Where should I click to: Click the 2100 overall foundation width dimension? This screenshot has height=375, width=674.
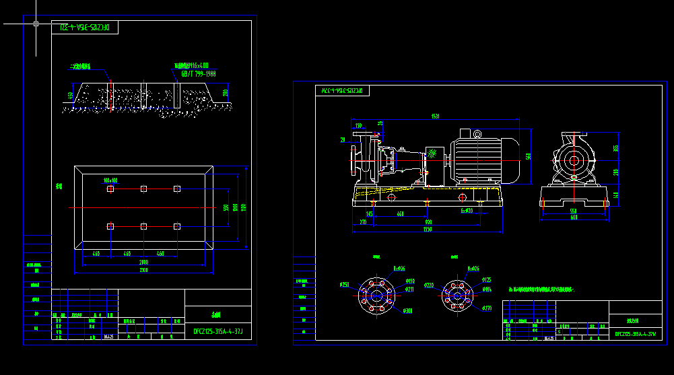pyautogui.click(x=143, y=270)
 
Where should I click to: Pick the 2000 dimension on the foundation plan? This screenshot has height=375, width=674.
pyautogui.click(x=143, y=261)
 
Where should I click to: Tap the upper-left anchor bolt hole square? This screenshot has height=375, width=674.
pyautogui.click(x=110, y=189)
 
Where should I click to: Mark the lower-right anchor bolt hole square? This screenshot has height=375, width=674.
pyautogui.click(x=177, y=226)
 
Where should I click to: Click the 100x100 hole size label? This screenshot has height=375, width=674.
pyautogui.click(x=110, y=180)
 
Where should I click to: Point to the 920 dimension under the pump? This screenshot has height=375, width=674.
pyautogui.click(x=428, y=221)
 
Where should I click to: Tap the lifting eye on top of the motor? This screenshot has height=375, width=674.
pyautogui.click(x=477, y=134)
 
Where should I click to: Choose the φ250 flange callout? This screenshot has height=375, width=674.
pyautogui.click(x=345, y=285)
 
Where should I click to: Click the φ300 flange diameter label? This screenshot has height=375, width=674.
pyautogui.click(x=407, y=310)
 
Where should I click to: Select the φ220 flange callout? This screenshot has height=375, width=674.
pyautogui.click(x=428, y=285)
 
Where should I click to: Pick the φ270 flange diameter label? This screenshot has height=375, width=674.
pyautogui.click(x=487, y=308)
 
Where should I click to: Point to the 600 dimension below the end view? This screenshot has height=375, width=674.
pyautogui.click(x=574, y=217)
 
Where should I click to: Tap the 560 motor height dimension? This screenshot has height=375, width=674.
pyautogui.click(x=529, y=156)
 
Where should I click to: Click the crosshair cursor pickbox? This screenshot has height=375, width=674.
pyautogui.click(x=36, y=24)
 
